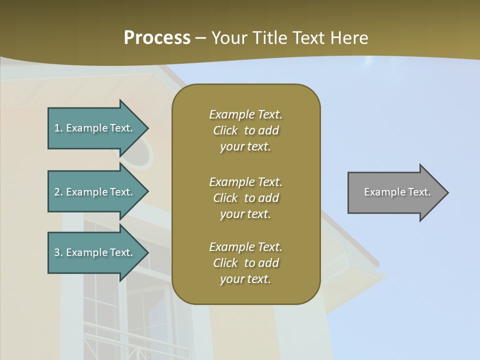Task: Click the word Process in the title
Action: [x=157, y=38]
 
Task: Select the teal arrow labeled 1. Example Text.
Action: [x=95, y=128]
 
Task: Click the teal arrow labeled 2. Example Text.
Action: [x=95, y=192]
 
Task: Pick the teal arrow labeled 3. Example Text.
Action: [x=95, y=252]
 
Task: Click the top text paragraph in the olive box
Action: [x=245, y=130]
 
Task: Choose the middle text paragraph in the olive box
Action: [x=245, y=198]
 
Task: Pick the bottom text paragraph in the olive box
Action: [x=245, y=263]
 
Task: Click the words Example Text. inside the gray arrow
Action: [x=397, y=192]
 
